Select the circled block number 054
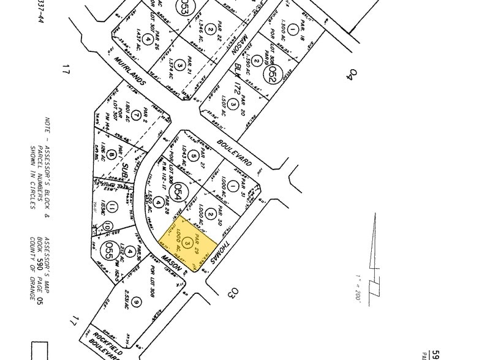179,189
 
